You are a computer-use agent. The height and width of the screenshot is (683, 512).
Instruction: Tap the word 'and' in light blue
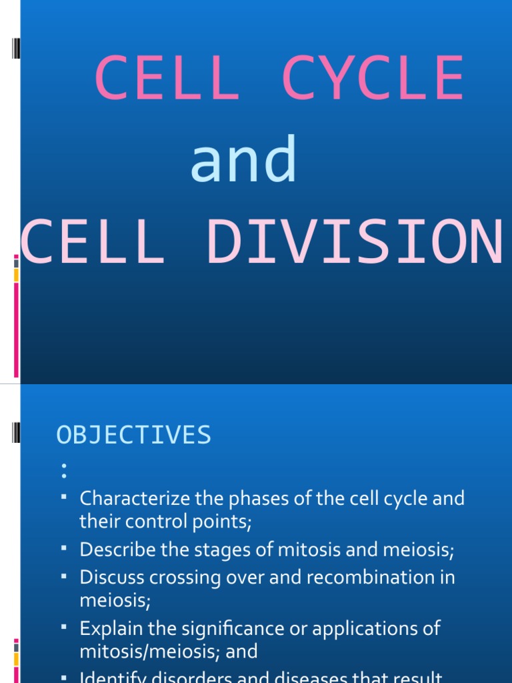tap(243, 160)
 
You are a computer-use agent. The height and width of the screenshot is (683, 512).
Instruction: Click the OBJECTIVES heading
tap(134, 435)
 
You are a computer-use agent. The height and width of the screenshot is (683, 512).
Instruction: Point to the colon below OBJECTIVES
tap(63, 471)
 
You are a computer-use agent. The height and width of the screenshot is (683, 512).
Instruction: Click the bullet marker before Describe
tap(64, 548)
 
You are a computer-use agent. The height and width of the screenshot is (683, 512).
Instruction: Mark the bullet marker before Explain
tap(64, 626)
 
